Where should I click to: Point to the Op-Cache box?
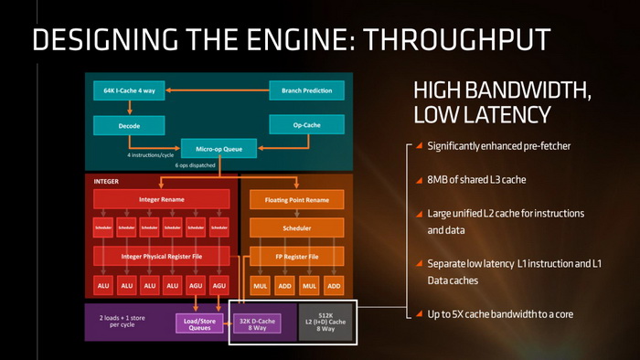point(305,123)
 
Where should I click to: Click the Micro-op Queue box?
point(216,148)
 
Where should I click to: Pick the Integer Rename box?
point(161,198)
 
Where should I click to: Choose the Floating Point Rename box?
point(296,198)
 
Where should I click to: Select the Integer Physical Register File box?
point(161,255)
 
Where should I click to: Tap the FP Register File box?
point(296,255)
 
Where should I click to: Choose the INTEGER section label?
point(106,181)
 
